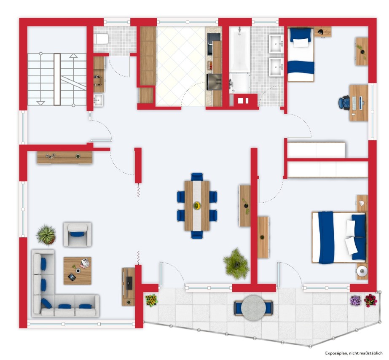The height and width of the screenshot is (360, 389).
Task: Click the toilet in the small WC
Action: point(101,39)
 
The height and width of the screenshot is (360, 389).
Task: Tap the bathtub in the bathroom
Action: point(239,49)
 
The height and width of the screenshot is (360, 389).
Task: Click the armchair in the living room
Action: point(78,234)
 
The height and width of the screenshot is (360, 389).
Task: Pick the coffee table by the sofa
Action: point(78,271)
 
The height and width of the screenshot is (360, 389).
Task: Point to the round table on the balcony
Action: point(253,307)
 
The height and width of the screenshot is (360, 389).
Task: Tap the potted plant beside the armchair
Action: point(46,234)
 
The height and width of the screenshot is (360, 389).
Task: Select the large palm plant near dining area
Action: point(236,264)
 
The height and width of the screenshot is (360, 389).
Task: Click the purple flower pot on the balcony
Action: point(355,301)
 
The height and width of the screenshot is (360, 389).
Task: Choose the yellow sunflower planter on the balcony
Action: point(151,301)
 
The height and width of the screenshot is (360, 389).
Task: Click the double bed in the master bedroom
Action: point(339,237)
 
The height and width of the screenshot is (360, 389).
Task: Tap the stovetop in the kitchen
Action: point(214,82)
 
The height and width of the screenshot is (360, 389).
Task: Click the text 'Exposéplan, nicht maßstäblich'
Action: point(354,353)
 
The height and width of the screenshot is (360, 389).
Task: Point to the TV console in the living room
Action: point(128,287)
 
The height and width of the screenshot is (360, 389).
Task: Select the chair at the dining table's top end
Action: point(197,177)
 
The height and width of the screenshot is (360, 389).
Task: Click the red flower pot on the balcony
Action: point(370,300)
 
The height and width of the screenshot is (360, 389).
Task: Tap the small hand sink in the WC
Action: point(98,100)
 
